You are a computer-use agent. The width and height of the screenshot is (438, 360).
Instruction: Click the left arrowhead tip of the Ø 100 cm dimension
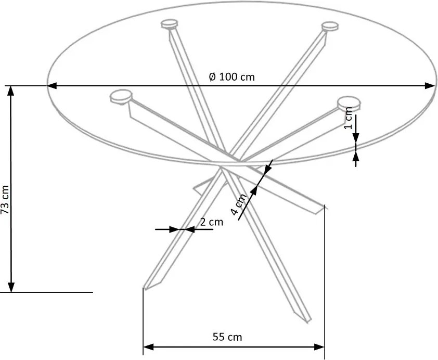tap(48, 86)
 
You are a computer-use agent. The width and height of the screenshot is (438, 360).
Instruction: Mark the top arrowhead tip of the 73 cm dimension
tap(11, 86)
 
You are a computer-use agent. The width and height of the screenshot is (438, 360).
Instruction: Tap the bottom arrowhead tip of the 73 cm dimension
tap(11, 292)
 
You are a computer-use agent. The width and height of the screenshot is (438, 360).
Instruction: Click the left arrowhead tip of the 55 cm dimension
tap(144, 347)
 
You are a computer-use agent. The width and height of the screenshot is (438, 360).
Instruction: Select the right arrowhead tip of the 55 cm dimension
tap(324, 347)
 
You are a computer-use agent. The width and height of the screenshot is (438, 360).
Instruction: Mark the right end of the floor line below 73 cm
tap(93, 292)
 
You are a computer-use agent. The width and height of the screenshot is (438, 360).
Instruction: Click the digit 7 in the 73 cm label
tap(5, 211)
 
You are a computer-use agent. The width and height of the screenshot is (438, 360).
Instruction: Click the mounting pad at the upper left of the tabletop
tap(170, 24)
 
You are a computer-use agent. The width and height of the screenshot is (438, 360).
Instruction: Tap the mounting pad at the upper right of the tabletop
tap(330, 27)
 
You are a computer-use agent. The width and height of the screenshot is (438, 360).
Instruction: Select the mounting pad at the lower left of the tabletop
tap(121, 97)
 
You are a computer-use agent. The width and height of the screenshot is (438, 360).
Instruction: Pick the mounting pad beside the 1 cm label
tap(349, 103)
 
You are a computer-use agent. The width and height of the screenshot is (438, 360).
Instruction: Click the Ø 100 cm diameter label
tap(232, 76)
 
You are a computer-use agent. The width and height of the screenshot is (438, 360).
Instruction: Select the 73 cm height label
tap(5, 199)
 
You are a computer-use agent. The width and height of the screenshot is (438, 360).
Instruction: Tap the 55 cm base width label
tap(227, 337)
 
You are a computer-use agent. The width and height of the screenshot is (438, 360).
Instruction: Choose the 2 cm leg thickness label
tap(212, 222)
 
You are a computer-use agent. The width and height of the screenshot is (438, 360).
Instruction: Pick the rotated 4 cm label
tap(239, 204)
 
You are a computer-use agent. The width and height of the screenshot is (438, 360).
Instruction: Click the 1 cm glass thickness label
tap(349, 118)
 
